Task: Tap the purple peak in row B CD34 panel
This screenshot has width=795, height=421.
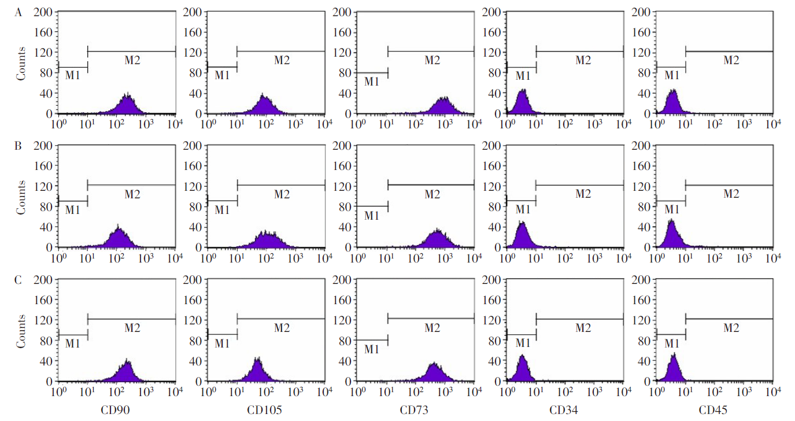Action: pyautogui.click(x=523, y=234)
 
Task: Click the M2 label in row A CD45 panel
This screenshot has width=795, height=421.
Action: pyautogui.click(x=731, y=60)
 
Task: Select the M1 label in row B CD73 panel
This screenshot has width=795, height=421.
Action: pyautogui.click(x=371, y=216)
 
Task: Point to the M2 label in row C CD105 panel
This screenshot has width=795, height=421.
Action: pyautogui.click(x=282, y=328)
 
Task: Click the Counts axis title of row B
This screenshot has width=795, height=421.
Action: pyautogui.click(x=21, y=197)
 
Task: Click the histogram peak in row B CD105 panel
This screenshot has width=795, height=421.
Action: pyautogui.click(x=268, y=239)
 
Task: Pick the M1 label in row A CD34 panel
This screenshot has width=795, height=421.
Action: pyautogui.click(x=523, y=76)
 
